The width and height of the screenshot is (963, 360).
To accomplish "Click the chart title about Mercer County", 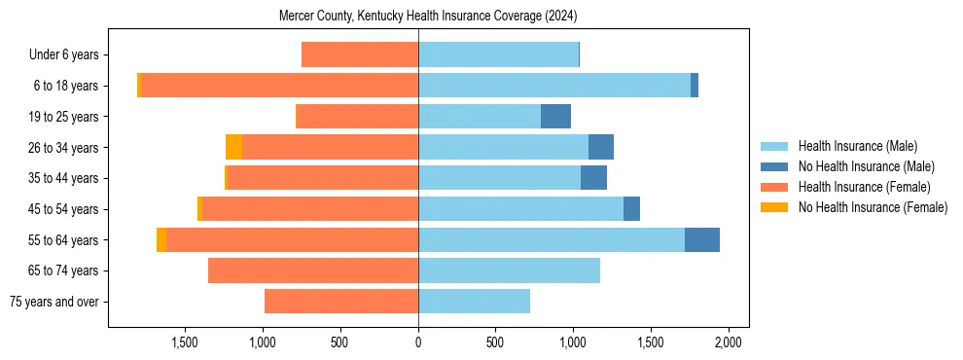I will click(x=428, y=17).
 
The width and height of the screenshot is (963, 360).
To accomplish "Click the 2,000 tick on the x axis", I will click(x=729, y=342).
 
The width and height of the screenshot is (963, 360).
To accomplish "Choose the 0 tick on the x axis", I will click(x=418, y=342).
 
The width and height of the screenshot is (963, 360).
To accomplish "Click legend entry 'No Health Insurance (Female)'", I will click(x=873, y=207).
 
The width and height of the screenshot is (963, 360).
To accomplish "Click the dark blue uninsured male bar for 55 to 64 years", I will click(x=702, y=239).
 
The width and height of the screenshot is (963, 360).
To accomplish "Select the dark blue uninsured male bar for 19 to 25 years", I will click(x=555, y=117).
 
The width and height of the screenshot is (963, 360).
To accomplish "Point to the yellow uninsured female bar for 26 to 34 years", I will click(x=233, y=147).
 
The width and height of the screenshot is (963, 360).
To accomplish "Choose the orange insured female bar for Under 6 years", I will click(x=360, y=55).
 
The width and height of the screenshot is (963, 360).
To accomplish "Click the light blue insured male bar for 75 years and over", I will click(x=474, y=302).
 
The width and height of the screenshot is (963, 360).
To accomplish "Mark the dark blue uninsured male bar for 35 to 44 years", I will click(x=593, y=178).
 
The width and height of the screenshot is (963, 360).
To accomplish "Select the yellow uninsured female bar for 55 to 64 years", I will click(x=161, y=239).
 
